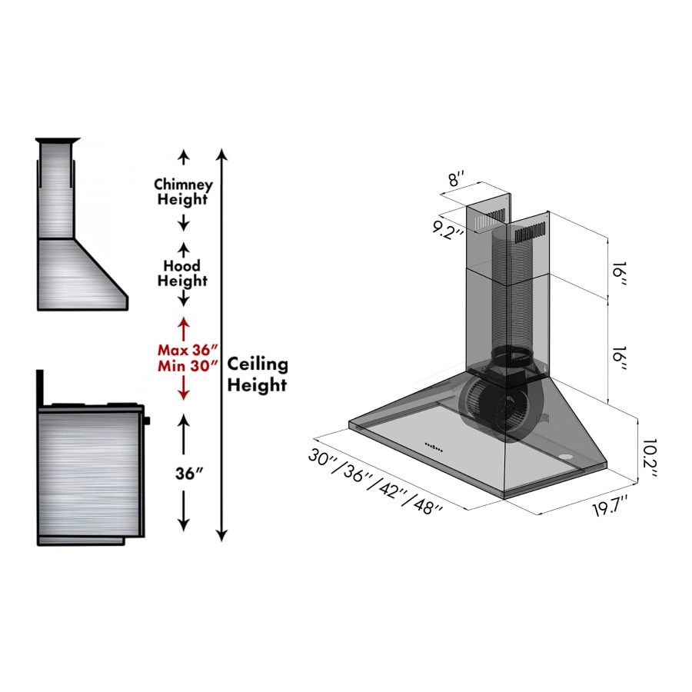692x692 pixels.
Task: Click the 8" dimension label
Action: (x=457, y=180)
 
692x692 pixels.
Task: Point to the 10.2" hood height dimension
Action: (x=650, y=458)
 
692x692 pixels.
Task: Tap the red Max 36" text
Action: (x=183, y=349)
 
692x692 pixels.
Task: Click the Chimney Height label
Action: (x=183, y=192)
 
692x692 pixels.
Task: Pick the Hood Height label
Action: (x=183, y=274)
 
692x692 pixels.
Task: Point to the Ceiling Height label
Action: (x=257, y=374)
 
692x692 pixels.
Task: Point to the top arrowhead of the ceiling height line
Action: (x=222, y=155)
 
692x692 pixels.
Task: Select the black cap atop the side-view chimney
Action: (x=58, y=140)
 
